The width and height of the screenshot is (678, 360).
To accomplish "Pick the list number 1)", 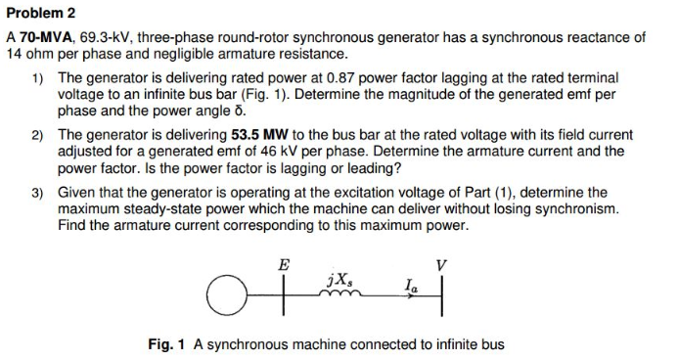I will point(38,76).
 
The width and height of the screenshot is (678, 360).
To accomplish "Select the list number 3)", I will point(38,193).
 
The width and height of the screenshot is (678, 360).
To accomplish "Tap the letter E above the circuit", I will point(284,264).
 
